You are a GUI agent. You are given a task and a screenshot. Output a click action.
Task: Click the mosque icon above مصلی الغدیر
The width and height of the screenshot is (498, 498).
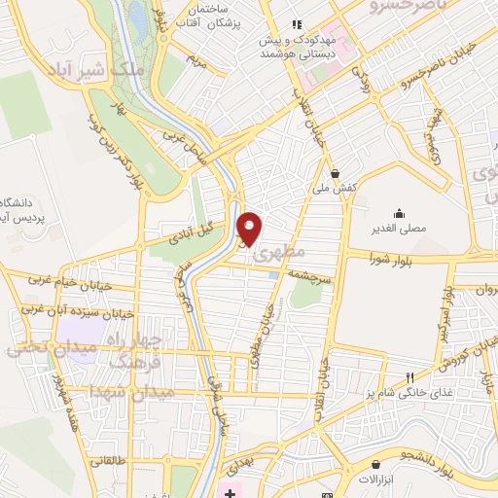pos(398,213)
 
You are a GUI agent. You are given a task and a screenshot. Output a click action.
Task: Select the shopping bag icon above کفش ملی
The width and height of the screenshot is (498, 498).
pos(336,173)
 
